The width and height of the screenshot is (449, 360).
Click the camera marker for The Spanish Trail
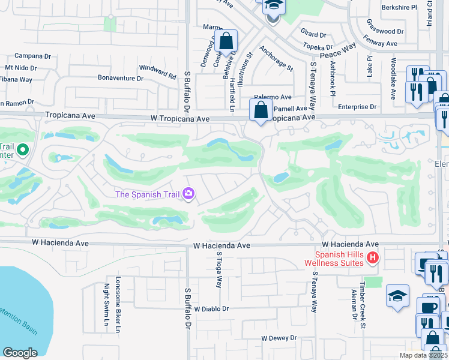click(x=188, y=194)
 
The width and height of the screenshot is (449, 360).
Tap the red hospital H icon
click(x=372, y=258)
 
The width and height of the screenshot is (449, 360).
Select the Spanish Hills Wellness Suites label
click(x=332, y=258)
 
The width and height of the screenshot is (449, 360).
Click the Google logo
click(x=20, y=352)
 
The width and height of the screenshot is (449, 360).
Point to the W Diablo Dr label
click(x=212, y=309)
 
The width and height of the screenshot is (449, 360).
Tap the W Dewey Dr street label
click(x=280, y=338)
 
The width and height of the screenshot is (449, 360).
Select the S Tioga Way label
click(x=219, y=269)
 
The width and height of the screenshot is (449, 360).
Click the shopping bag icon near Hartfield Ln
click(x=227, y=42)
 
